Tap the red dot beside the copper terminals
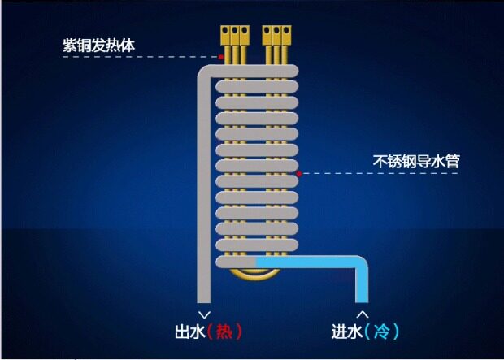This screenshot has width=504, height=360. (x=221, y=57)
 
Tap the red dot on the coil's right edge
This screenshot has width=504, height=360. (x=300, y=173)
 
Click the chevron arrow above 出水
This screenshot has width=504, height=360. (x=204, y=313)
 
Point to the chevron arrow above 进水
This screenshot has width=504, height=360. (x=363, y=313)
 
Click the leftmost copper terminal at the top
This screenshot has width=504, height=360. (x=226, y=35)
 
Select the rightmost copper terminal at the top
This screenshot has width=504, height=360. (x=287, y=35)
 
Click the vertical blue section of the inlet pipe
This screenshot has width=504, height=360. (x=362, y=284)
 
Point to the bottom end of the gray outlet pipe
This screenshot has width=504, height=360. (x=204, y=299)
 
